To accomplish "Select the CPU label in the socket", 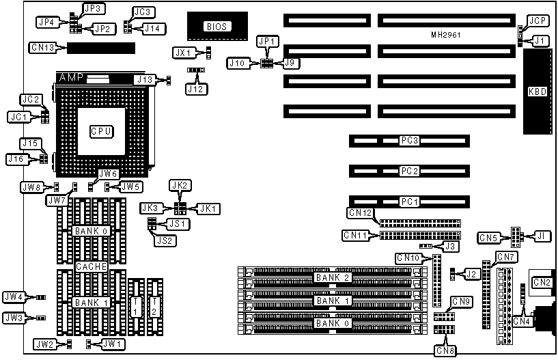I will click(102, 131).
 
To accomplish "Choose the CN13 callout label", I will click(42, 47).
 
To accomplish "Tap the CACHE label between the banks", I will click(90, 266).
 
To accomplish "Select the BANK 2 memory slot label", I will click(333, 277).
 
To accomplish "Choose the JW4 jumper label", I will click(14, 297).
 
